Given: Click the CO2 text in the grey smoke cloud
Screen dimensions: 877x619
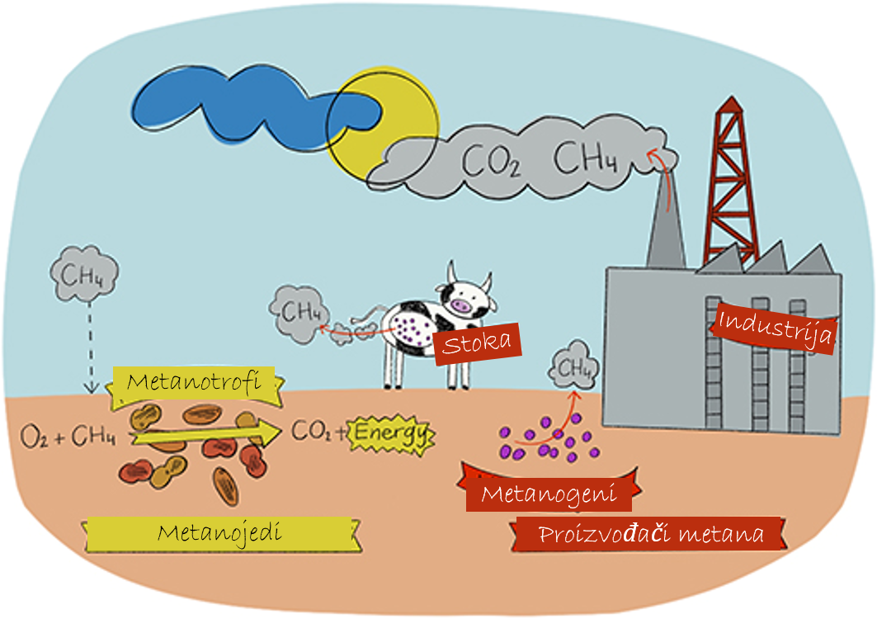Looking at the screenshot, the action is [x=491, y=161].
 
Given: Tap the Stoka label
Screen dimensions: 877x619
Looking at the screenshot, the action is [x=477, y=343].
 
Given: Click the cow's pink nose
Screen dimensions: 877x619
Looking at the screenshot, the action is [x=462, y=306].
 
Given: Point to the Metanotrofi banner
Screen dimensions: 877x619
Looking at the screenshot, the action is [x=195, y=386].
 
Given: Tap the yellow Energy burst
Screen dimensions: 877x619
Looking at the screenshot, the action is [x=392, y=434].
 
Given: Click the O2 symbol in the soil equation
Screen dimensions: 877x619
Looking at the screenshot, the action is [x=34, y=437].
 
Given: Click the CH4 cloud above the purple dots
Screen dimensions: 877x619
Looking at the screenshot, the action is [x=574, y=366].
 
